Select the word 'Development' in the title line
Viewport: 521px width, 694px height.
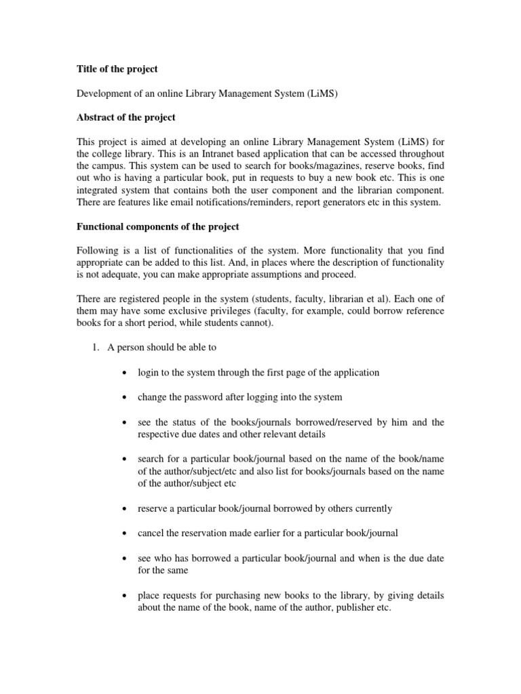103,93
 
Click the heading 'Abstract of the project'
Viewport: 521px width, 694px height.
126,117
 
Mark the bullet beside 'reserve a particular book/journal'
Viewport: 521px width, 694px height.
122,508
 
